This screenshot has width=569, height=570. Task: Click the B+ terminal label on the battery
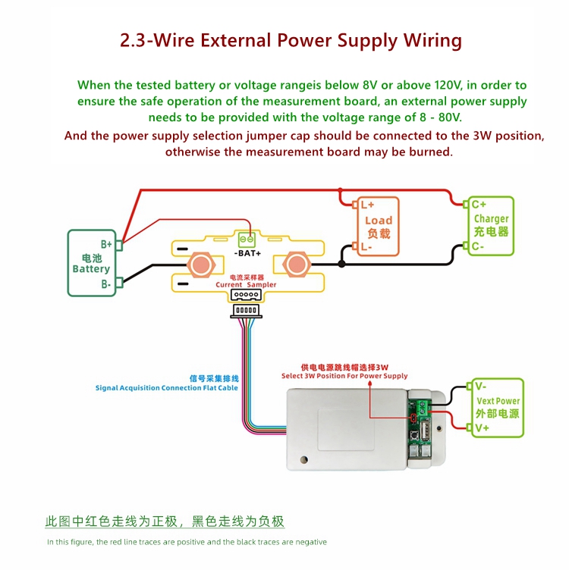tap(106, 244)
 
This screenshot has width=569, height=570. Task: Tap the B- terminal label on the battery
tap(106, 284)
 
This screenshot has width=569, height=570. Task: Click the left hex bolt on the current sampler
tap(201, 265)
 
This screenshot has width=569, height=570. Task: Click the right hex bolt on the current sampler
tap(297, 265)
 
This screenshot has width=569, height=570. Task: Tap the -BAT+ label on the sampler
tap(247, 253)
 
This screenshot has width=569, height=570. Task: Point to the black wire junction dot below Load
tap(341, 264)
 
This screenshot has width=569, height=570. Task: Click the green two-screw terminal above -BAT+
tap(247, 240)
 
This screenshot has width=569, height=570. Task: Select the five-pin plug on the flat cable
tap(247, 311)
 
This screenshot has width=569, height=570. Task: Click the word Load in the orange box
tap(379, 221)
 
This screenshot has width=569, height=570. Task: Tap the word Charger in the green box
tap(491, 219)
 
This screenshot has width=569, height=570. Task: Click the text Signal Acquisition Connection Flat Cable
tap(167, 388)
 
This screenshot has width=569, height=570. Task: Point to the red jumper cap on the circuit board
tap(413, 418)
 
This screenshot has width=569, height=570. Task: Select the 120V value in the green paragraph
tap(448, 85)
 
